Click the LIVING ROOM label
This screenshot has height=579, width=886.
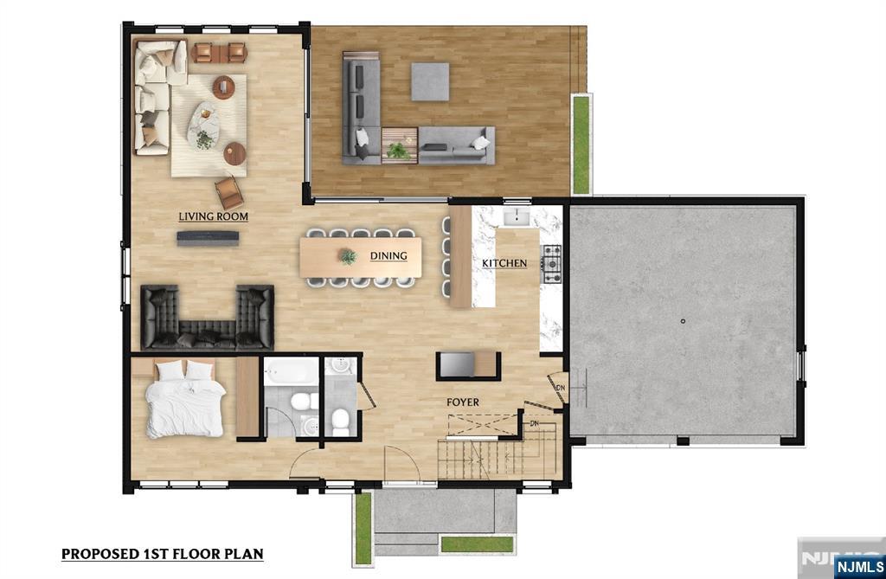[213, 216]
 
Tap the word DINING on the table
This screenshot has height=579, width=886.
[388, 255]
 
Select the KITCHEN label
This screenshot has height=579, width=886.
[504, 263]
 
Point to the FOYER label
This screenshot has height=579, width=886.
[463, 402]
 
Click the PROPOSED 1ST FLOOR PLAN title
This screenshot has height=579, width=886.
[162, 554]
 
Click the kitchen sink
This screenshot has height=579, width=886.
[516, 216]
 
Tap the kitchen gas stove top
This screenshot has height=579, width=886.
[551, 263]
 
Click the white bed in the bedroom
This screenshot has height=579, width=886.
[184, 399]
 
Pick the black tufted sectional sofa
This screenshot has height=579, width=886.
[207, 318]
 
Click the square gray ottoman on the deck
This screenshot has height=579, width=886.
[430, 81]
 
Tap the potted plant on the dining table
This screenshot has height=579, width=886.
[347, 257]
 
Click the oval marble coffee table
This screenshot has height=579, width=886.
[203, 126]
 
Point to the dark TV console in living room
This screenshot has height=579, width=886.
[208, 238]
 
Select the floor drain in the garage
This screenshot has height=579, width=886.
[683, 321]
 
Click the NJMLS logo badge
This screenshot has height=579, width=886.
[859, 567]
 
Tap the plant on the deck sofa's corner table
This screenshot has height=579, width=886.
[399, 150]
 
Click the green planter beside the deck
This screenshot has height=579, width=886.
[581, 145]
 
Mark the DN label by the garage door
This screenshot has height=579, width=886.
[561, 388]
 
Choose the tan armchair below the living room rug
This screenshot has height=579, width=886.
[228, 192]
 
